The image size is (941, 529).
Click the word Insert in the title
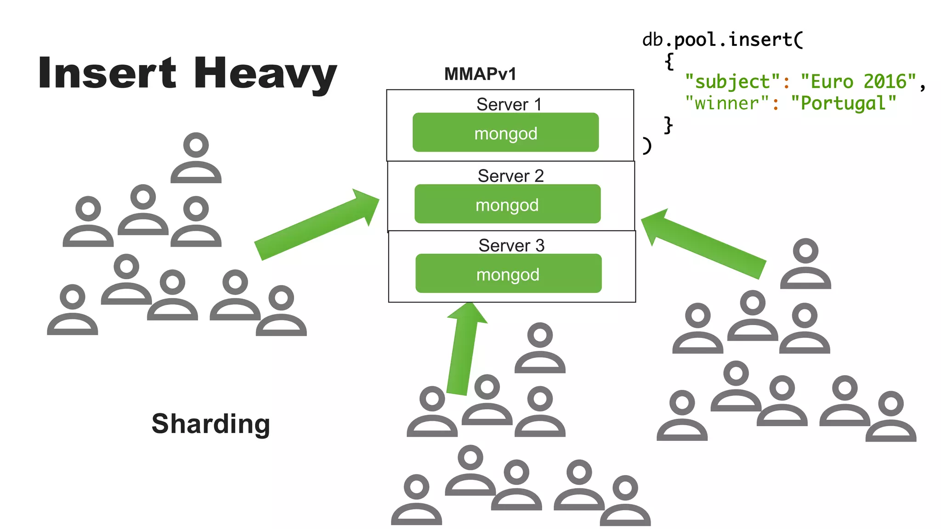pyautogui.click(x=107, y=73)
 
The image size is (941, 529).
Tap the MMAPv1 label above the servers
pyautogui.click(x=480, y=74)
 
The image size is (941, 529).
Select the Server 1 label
pyautogui.click(x=509, y=104)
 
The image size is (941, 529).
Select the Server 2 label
pyautogui.click(x=510, y=176)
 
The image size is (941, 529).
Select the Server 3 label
pyautogui.click(x=511, y=245)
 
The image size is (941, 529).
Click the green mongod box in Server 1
pyautogui.click(x=505, y=133)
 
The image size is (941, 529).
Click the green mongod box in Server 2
pyautogui.click(x=507, y=204)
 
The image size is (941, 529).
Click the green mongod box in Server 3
pyautogui.click(x=508, y=274)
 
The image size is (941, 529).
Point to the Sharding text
pyautogui.click(x=211, y=423)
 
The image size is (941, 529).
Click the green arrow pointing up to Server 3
pyautogui.click(x=465, y=349)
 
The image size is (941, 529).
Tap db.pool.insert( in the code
pyautogui.click(x=722, y=40)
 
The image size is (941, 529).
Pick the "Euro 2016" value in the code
pyautogui.click(x=858, y=82)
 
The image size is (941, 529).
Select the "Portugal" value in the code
pyautogui.click(x=843, y=103)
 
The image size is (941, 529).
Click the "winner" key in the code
pyautogui.click(x=727, y=103)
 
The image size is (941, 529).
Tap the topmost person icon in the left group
pyautogui.click(x=196, y=158)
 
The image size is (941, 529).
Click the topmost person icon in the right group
pyautogui.click(x=805, y=264)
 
